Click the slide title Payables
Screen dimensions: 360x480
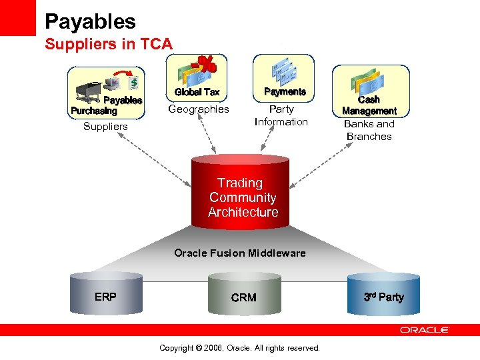tap(90, 21)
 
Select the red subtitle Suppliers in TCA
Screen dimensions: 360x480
tap(108, 45)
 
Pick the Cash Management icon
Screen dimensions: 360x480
tap(370, 90)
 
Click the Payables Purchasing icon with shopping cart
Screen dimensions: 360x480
tap(107, 92)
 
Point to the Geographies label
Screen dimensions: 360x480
tap(198, 109)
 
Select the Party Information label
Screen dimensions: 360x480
tap(281, 115)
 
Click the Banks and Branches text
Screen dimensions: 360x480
tap(369, 130)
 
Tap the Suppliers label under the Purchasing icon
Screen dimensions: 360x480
tap(105, 127)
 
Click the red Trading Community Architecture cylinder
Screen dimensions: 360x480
tap(241, 193)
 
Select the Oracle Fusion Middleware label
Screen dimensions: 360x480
tap(239, 253)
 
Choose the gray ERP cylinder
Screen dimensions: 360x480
tap(107, 294)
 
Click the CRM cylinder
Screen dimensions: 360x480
tap(243, 295)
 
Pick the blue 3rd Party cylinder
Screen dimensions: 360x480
tap(383, 294)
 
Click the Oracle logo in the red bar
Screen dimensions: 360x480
tap(425, 330)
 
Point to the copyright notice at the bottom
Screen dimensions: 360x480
tap(240, 348)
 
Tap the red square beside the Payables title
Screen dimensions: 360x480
tap(17, 17)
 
